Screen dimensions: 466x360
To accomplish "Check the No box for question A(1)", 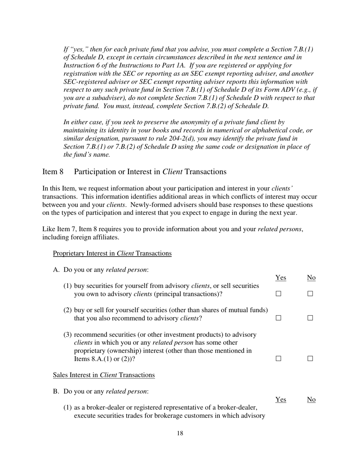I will point(310,294).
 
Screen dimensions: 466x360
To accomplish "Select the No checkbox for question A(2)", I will point(310,318).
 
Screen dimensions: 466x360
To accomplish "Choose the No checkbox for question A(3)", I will point(310,358).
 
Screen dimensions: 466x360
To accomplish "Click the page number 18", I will point(180,434).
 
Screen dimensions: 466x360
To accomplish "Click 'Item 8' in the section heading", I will point(53,172).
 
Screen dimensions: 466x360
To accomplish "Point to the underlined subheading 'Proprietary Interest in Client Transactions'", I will point(112,253).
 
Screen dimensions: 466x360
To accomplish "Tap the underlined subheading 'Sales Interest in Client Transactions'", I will point(104,375).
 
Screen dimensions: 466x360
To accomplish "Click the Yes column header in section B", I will point(280,399).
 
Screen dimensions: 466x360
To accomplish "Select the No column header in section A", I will point(311,278).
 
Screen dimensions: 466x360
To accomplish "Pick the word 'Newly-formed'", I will point(149,205).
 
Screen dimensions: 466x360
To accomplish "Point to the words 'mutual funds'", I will point(249,310).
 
